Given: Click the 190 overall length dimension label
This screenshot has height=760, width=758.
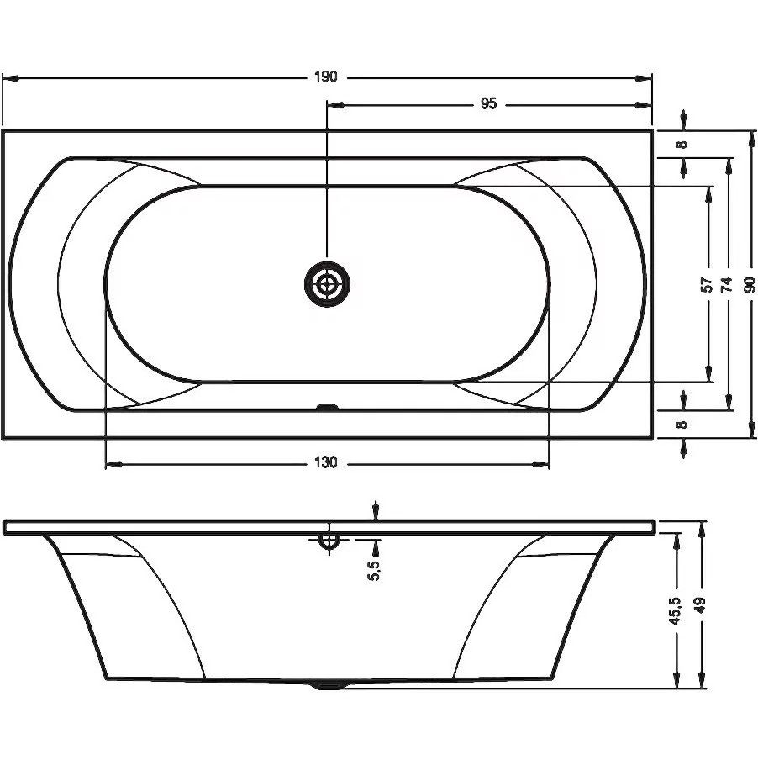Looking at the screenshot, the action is [325, 77].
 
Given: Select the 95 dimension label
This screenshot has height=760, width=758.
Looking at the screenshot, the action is [489, 103].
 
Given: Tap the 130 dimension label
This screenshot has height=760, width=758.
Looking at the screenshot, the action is [325, 463].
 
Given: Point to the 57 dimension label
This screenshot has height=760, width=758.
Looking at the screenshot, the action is [708, 284].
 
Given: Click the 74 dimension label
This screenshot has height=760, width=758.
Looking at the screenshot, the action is [727, 284].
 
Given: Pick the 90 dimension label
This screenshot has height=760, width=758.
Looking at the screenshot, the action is [750, 284].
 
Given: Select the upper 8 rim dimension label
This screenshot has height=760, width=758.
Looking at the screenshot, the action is [682, 144].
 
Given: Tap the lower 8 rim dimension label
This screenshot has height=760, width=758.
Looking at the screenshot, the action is [682, 425].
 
